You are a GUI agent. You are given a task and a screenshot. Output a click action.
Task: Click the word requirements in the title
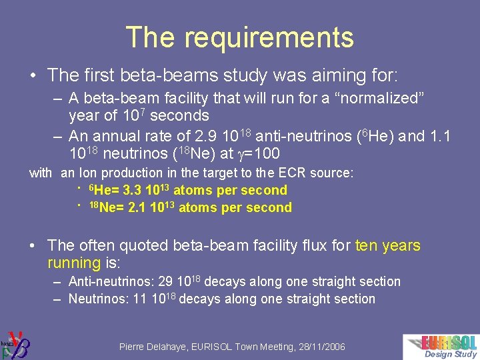pyautogui.click(x=269, y=38)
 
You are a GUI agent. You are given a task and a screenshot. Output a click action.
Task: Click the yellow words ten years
pyautogui.click(x=388, y=245)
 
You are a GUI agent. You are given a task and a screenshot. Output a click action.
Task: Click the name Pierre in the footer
pyautogui.click(x=135, y=347)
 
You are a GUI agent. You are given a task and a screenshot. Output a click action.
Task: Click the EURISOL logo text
pyautogui.click(x=449, y=342)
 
